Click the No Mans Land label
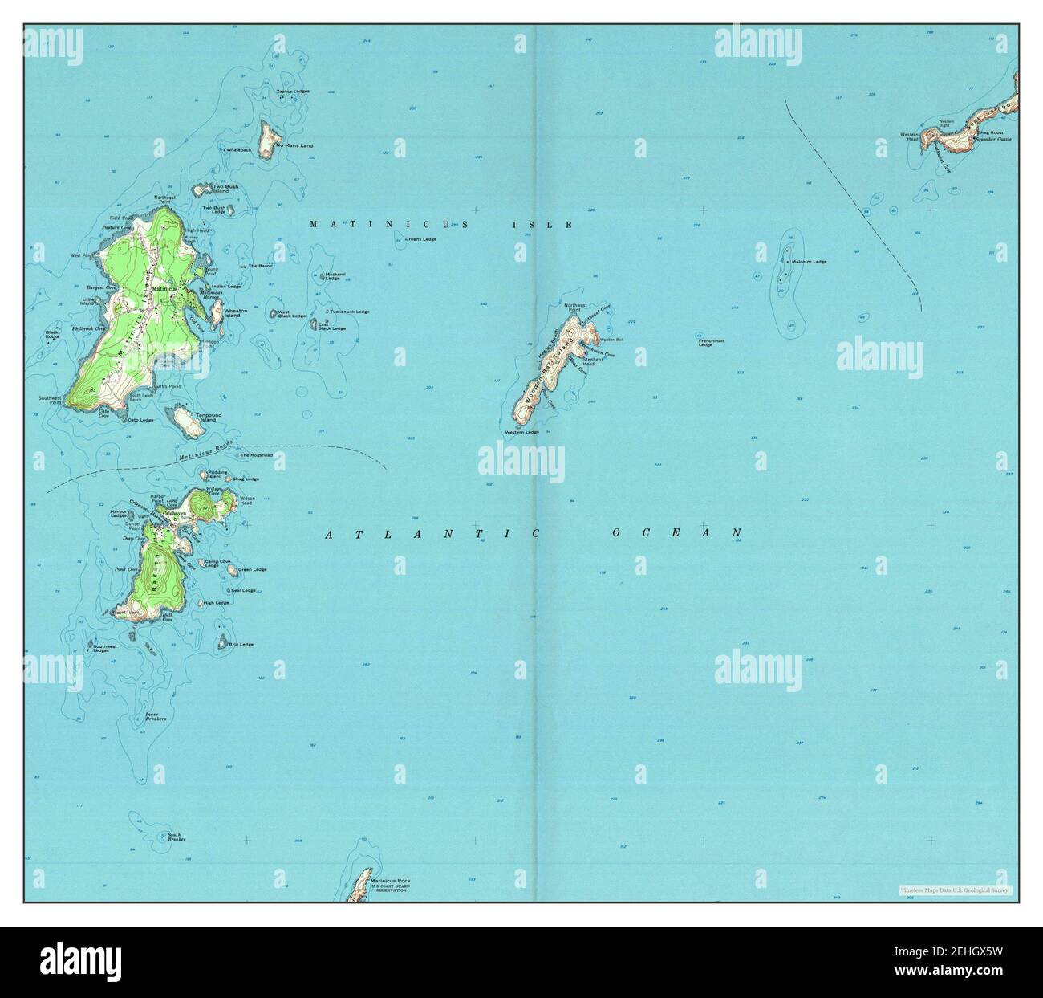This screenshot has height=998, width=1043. point(294,145)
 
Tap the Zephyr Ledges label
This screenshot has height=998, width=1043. point(293,92)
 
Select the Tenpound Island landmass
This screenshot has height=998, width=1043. point(184,419)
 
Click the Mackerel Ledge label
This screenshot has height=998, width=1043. point(335,276)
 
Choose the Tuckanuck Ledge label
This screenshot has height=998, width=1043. point(350,312)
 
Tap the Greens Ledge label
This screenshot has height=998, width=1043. point(420,239)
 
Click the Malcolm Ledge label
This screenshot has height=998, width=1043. point(809,262)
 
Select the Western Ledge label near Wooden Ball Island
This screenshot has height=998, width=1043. point(522,433)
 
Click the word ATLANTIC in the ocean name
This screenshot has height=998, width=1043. point(406,533)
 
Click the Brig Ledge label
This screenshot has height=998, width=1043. point(241,644)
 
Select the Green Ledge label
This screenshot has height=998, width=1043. point(252,570)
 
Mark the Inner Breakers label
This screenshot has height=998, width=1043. point(155,716)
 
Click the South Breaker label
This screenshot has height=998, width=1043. point(177,837)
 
